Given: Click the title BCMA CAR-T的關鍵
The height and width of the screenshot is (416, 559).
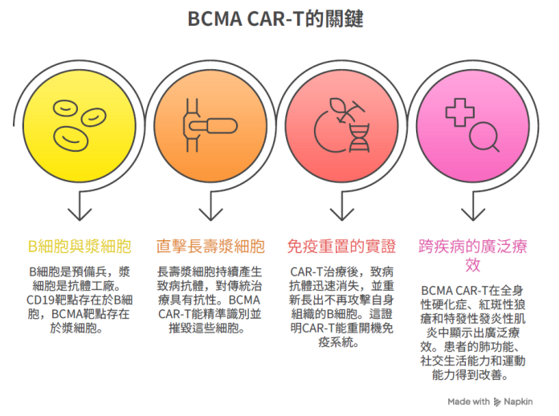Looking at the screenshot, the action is (x=275, y=19).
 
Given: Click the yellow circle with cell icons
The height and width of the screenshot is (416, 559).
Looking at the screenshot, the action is (x=80, y=126).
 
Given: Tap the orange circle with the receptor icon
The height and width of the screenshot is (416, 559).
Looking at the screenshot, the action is (x=210, y=126).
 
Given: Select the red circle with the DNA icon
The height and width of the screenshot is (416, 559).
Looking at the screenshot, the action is (x=342, y=126).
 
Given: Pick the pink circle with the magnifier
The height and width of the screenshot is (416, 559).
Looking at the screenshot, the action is (x=473, y=126).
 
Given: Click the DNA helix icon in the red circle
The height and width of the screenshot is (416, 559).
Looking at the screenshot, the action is (x=359, y=138).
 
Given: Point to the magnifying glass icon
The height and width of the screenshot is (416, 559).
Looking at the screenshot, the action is (x=484, y=137).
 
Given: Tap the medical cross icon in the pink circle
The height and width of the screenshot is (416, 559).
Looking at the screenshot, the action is (x=460, y=112).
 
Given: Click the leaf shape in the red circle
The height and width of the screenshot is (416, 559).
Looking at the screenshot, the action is (x=338, y=105).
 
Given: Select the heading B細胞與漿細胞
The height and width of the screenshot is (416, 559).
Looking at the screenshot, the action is (x=80, y=247).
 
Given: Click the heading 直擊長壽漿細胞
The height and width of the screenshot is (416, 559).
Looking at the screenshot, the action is (x=210, y=247).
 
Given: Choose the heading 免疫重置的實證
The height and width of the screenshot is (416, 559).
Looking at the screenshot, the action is (x=342, y=247).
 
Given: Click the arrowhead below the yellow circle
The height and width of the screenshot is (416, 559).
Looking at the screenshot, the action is (x=80, y=215).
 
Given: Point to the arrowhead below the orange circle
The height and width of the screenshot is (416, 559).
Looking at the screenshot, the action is (x=210, y=215).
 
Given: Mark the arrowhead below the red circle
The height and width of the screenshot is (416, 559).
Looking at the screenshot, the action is (x=342, y=215).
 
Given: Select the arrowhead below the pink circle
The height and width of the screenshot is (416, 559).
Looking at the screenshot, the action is (x=473, y=215).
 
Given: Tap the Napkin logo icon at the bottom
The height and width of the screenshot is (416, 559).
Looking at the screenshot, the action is (x=497, y=402).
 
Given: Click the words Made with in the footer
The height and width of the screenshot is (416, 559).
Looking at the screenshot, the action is (x=468, y=402).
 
